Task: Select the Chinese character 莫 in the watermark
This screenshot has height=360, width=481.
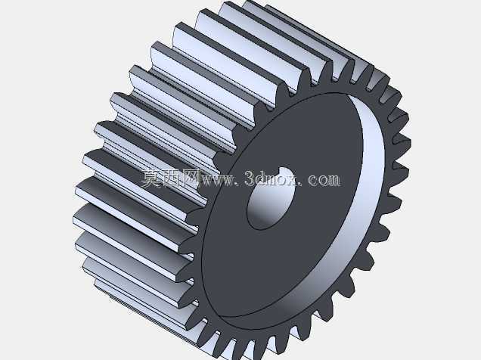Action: tap(151, 178)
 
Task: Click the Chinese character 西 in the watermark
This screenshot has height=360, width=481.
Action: tap(171, 178)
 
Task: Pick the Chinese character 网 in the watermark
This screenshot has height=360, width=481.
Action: tap(191, 178)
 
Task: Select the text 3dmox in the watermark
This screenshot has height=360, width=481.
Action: tap(270, 178)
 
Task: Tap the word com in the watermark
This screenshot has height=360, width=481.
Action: tap(324, 180)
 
